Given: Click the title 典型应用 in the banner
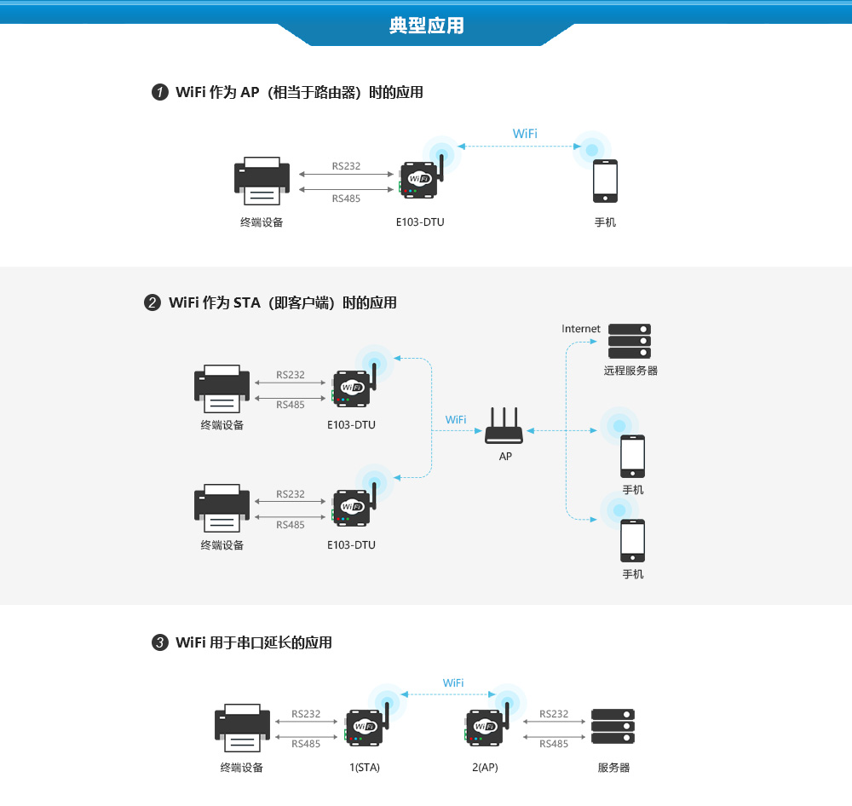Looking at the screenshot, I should point(427,26).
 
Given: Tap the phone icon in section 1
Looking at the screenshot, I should point(605,181).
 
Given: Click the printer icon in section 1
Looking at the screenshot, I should point(262,181).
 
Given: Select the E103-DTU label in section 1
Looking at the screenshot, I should point(420,222).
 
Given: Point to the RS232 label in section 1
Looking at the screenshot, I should point(346,166).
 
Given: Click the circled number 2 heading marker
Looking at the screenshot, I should point(153,302).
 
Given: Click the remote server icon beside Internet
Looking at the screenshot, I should point(629,341).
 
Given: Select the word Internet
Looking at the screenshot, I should point(581,329).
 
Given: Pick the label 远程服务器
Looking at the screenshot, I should point(630,371).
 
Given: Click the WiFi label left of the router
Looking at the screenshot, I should point(456,420).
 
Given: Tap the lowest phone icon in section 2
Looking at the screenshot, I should point(632,540).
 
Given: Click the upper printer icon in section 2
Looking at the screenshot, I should point(222,389).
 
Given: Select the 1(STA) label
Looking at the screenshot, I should point(365,768).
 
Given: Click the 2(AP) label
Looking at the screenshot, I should point(485,768).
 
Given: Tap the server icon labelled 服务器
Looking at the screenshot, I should point(613,727).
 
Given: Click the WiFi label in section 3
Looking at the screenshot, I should point(453,683).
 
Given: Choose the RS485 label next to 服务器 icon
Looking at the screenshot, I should point(554,744).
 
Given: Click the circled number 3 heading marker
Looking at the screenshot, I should point(159,642).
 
